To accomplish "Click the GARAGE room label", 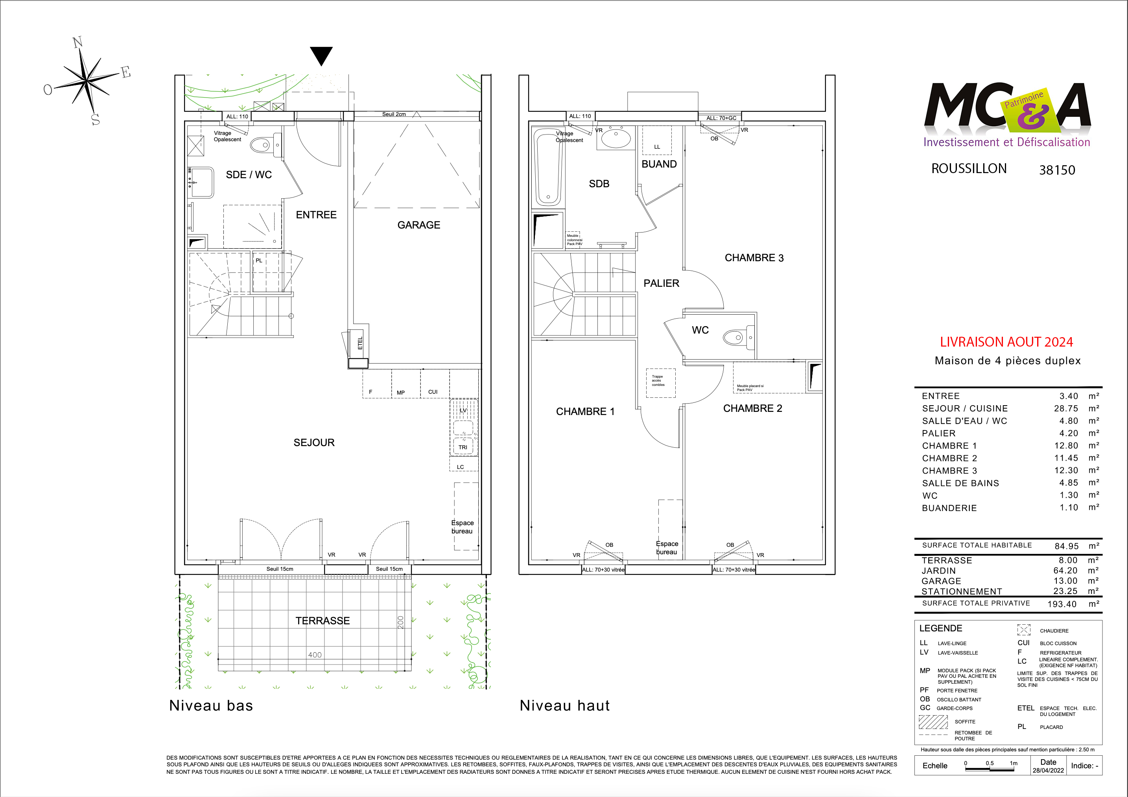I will tap(418, 225).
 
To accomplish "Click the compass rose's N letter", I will tap(77, 43).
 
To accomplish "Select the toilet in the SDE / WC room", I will tap(260, 145).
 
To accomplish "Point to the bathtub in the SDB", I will tap(547, 167).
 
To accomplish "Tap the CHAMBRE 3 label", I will tap(754, 258).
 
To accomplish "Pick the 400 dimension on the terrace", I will tap(315, 655).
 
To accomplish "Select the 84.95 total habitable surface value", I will tap(1067, 546).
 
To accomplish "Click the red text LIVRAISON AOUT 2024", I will tap(1006, 342).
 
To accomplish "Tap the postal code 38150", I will tap(1057, 170).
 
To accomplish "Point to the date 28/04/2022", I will tap(1048, 771).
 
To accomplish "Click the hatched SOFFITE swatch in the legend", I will tap(933, 722).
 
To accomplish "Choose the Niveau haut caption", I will tap(564, 706).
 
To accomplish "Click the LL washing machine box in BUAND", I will tap(657, 140).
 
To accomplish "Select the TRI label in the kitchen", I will tap(463, 447).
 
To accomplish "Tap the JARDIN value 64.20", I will tap(1065, 570).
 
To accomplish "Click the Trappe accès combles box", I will tap(660, 383).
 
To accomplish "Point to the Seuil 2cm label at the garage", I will tap(394, 114).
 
